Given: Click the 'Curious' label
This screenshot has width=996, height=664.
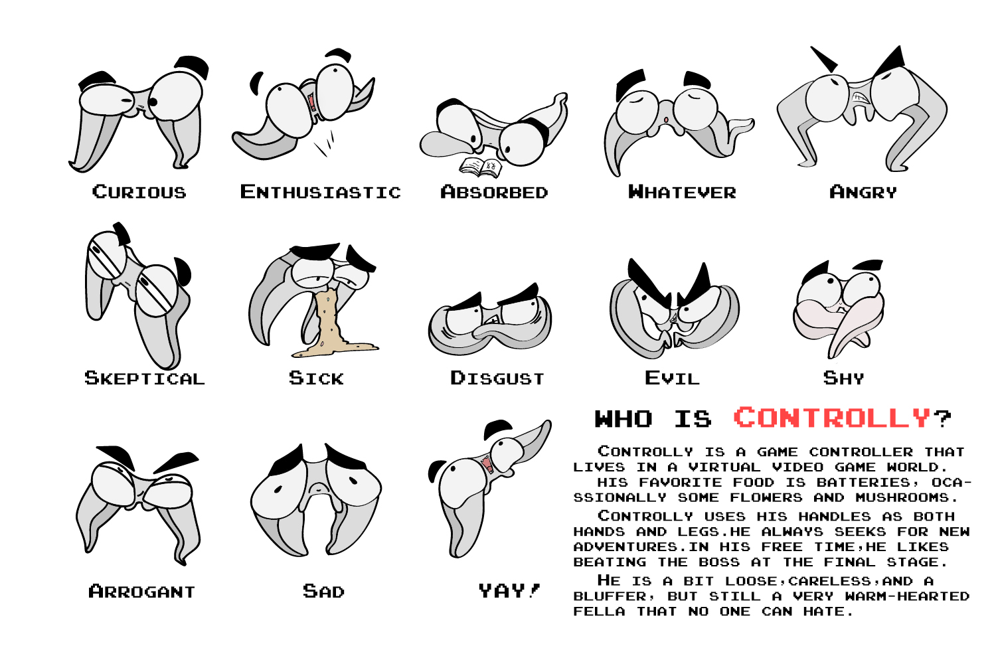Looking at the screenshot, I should tap(139, 193).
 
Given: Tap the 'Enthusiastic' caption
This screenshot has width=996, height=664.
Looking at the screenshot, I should tap(321, 193).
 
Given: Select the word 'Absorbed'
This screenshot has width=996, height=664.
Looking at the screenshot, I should tap(495, 193).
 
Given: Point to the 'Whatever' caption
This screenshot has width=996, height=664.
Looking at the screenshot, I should tap(683, 193).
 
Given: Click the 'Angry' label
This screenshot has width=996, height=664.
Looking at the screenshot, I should tap(863, 193).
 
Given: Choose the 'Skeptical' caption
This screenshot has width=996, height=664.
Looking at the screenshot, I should tap(145, 378).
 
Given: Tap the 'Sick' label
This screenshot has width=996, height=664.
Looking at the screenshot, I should tap(317, 378).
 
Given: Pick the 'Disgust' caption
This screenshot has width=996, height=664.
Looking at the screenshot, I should tap(497, 378).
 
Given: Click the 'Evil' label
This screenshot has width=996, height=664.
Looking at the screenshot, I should tap(673, 378).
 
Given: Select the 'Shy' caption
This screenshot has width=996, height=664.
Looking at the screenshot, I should tap(844, 378).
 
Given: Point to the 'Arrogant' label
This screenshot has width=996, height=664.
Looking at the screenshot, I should tap(142, 592).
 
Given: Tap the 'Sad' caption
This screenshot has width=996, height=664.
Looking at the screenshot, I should tap(324, 592).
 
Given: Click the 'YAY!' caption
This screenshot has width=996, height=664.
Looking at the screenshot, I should tap(509, 591).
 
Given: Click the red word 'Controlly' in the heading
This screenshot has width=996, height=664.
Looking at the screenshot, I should tap(833, 418).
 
